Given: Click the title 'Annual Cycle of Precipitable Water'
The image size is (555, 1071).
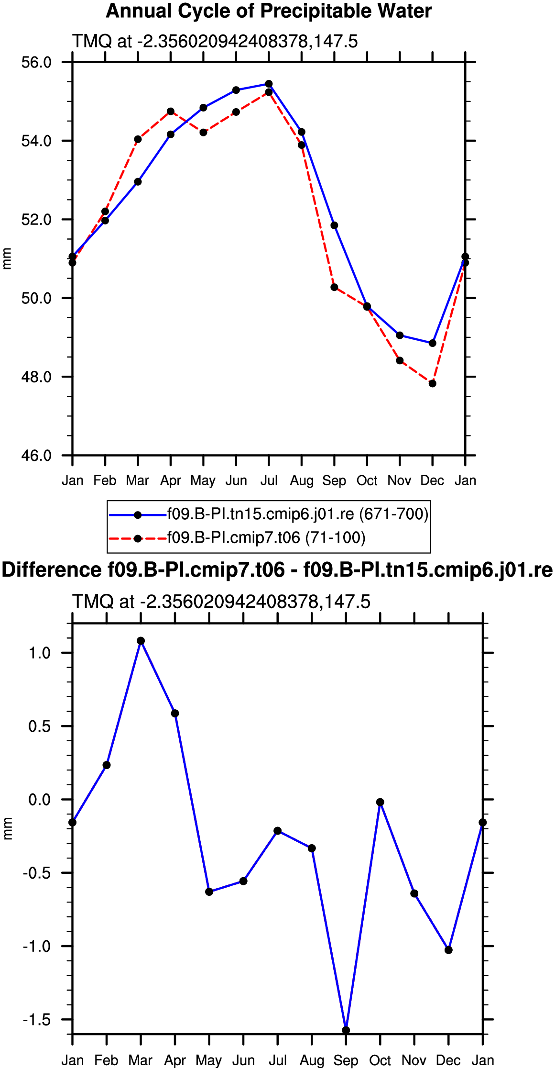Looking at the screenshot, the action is [x=269, y=11].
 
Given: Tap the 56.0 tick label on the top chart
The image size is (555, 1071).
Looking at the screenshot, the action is [x=36, y=62].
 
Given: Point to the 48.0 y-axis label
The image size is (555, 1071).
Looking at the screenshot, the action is [x=36, y=377].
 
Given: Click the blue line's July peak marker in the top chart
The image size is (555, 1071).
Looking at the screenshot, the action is [x=269, y=84].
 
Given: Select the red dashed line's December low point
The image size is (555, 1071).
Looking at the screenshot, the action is [x=433, y=383].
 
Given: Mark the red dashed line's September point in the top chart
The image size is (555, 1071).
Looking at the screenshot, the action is [x=334, y=287].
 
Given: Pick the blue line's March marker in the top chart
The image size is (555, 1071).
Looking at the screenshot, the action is [x=138, y=182].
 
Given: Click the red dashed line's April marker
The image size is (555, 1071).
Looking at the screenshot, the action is [x=171, y=111].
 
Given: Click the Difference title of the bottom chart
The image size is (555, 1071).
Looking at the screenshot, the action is [x=277, y=570].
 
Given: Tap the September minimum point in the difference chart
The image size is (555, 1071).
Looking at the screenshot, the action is [x=346, y=1030].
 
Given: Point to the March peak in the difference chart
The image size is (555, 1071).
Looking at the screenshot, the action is [x=141, y=641].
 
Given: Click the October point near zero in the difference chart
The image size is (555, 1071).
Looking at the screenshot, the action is [x=380, y=802].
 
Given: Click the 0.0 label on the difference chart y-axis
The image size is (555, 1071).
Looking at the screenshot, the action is [x=40, y=800].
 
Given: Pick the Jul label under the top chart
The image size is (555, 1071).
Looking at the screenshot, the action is [x=269, y=480].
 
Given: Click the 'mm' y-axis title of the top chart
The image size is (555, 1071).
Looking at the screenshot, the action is [x=7, y=259].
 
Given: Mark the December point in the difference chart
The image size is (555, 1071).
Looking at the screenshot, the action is [x=448, y=950].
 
